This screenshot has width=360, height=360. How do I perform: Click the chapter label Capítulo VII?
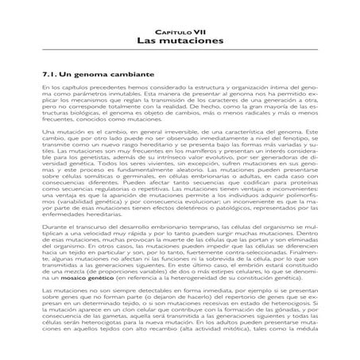click(179, 28)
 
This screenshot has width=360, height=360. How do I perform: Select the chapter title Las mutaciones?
click(179, 39)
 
